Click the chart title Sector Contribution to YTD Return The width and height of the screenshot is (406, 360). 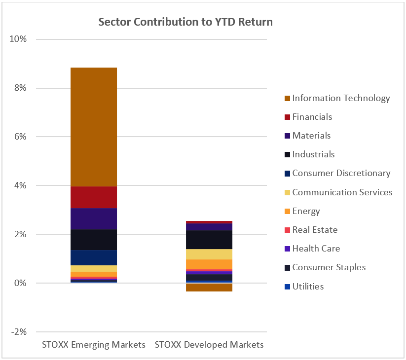coord(185,22)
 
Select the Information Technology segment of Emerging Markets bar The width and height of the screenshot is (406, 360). coord(93,127)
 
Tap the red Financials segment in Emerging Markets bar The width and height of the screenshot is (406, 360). coord(93,197)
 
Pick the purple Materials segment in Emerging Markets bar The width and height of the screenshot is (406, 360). coord(93,219)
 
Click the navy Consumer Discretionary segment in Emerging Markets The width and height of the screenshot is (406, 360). coord(93,257)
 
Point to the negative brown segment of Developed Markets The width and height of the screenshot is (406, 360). coord(209,288)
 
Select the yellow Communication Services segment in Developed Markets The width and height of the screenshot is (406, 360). coord(209,254)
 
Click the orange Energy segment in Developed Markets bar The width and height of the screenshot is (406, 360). coord(209,264)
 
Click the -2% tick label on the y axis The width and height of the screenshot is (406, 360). coord(19,332)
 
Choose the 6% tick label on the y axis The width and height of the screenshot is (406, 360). coord(20,137)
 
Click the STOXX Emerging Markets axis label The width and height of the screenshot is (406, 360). coord(93,345)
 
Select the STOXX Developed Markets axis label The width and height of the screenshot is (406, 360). coord(209,345)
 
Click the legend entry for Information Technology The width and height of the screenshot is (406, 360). coord(341,98)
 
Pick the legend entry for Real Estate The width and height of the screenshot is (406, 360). coord(315,230)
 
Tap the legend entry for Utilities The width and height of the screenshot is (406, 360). coord(308,286)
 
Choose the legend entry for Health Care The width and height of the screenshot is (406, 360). coord(316,249)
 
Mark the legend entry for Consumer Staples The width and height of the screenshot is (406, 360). coord(329,267)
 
